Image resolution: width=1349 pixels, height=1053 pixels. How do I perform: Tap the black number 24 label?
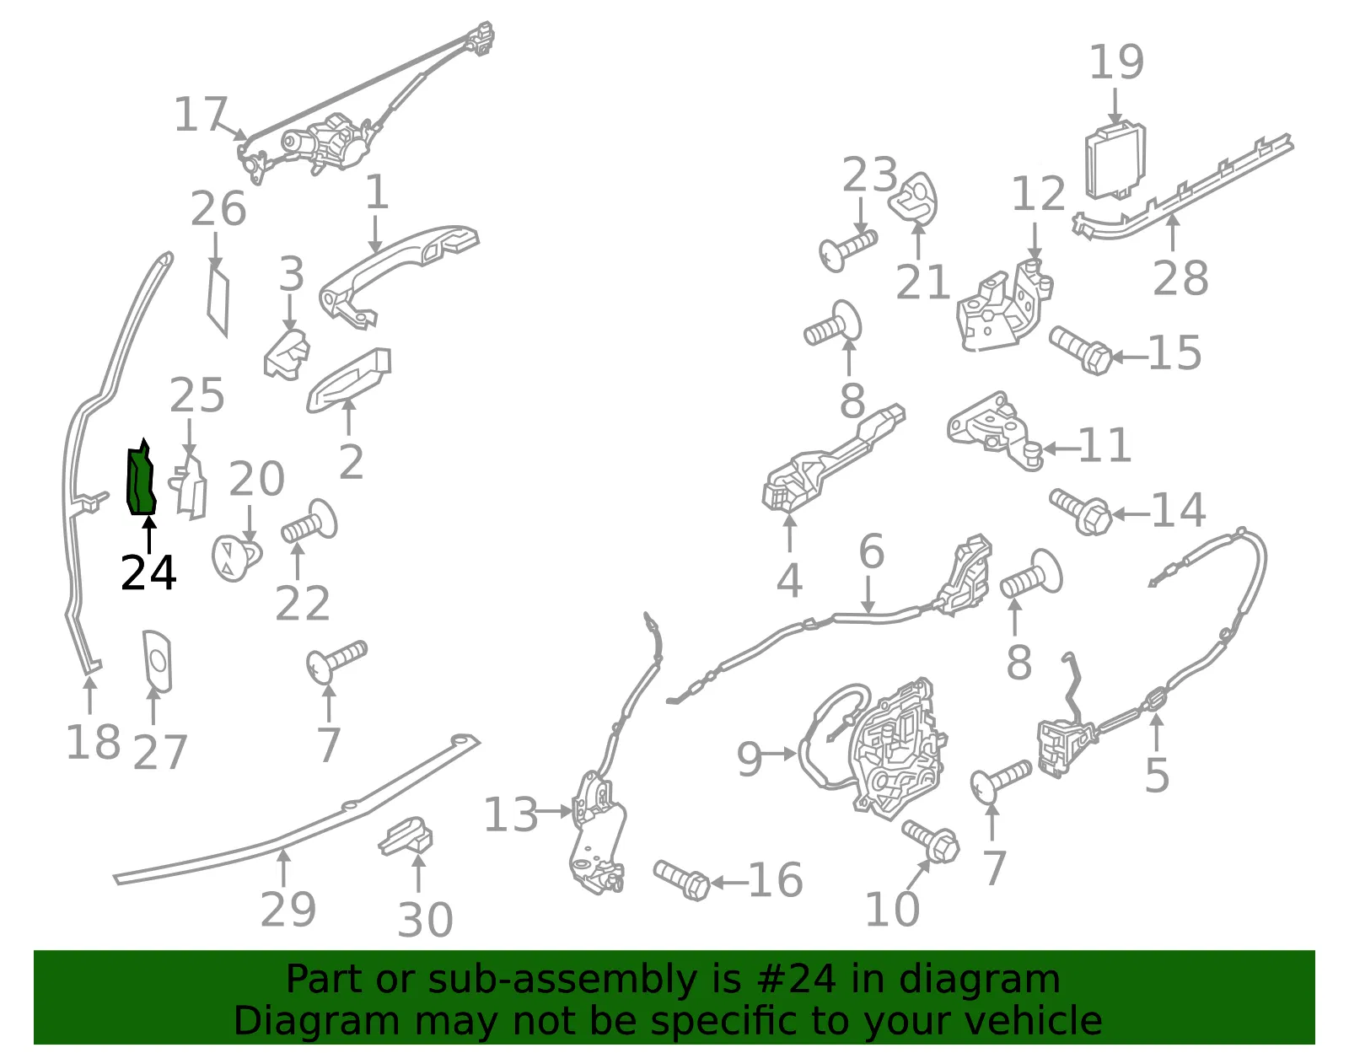point(149,573)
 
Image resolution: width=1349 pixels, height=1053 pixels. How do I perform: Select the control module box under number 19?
point(1115,161)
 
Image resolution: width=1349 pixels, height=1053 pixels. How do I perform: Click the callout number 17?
point(201,115)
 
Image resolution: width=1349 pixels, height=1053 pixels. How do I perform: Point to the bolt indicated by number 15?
point(1081,350)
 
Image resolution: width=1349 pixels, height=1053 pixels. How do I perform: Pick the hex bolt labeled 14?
point(1081,511)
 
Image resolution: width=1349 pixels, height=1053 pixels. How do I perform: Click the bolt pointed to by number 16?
point(681,879)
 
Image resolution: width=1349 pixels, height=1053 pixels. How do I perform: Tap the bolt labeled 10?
point(931,841)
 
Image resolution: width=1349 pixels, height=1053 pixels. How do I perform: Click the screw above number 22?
point(309,522)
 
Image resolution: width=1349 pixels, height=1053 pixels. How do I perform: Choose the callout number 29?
point(288,909)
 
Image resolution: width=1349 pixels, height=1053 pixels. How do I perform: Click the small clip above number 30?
point(406,836)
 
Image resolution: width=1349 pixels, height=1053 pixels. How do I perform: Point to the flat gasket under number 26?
point(218,301)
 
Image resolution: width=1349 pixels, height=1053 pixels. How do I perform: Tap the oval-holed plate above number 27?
point(157,661)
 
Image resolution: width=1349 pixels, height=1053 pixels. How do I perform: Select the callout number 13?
point(510,814)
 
